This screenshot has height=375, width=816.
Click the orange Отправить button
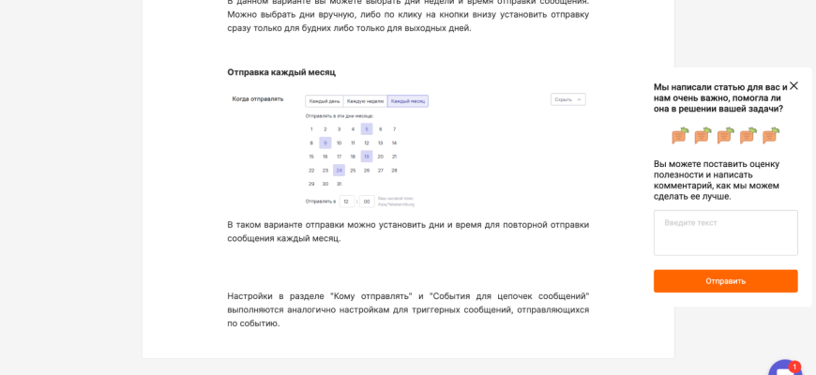pos(725,281)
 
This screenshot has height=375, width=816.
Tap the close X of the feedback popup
pos(793,85)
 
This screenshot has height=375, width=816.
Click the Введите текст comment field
pos(725,232)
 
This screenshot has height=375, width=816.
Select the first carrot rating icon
pos(680,135)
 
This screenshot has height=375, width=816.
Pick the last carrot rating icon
pos(771,135)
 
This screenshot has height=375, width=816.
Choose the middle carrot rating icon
pos(726,135)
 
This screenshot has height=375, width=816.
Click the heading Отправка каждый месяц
pos(281,72)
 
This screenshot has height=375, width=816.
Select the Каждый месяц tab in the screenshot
pos(408,100)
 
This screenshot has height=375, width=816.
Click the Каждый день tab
pos(325,100)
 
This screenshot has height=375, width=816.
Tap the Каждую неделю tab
pos(366,100)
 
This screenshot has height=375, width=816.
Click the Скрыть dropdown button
pos(567,99)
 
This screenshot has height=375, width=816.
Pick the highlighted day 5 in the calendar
pos(367,129)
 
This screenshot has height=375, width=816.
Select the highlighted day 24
pos(339,171)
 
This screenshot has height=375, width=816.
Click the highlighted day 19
pos(367,157)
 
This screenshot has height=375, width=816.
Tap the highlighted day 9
pos(325,143)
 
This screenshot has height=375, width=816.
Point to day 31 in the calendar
pos(339,184)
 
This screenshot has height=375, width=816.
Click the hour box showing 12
pos(346,201)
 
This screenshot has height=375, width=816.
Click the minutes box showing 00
pos(366,201)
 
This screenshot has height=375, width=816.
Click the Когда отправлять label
pos(258,98)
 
